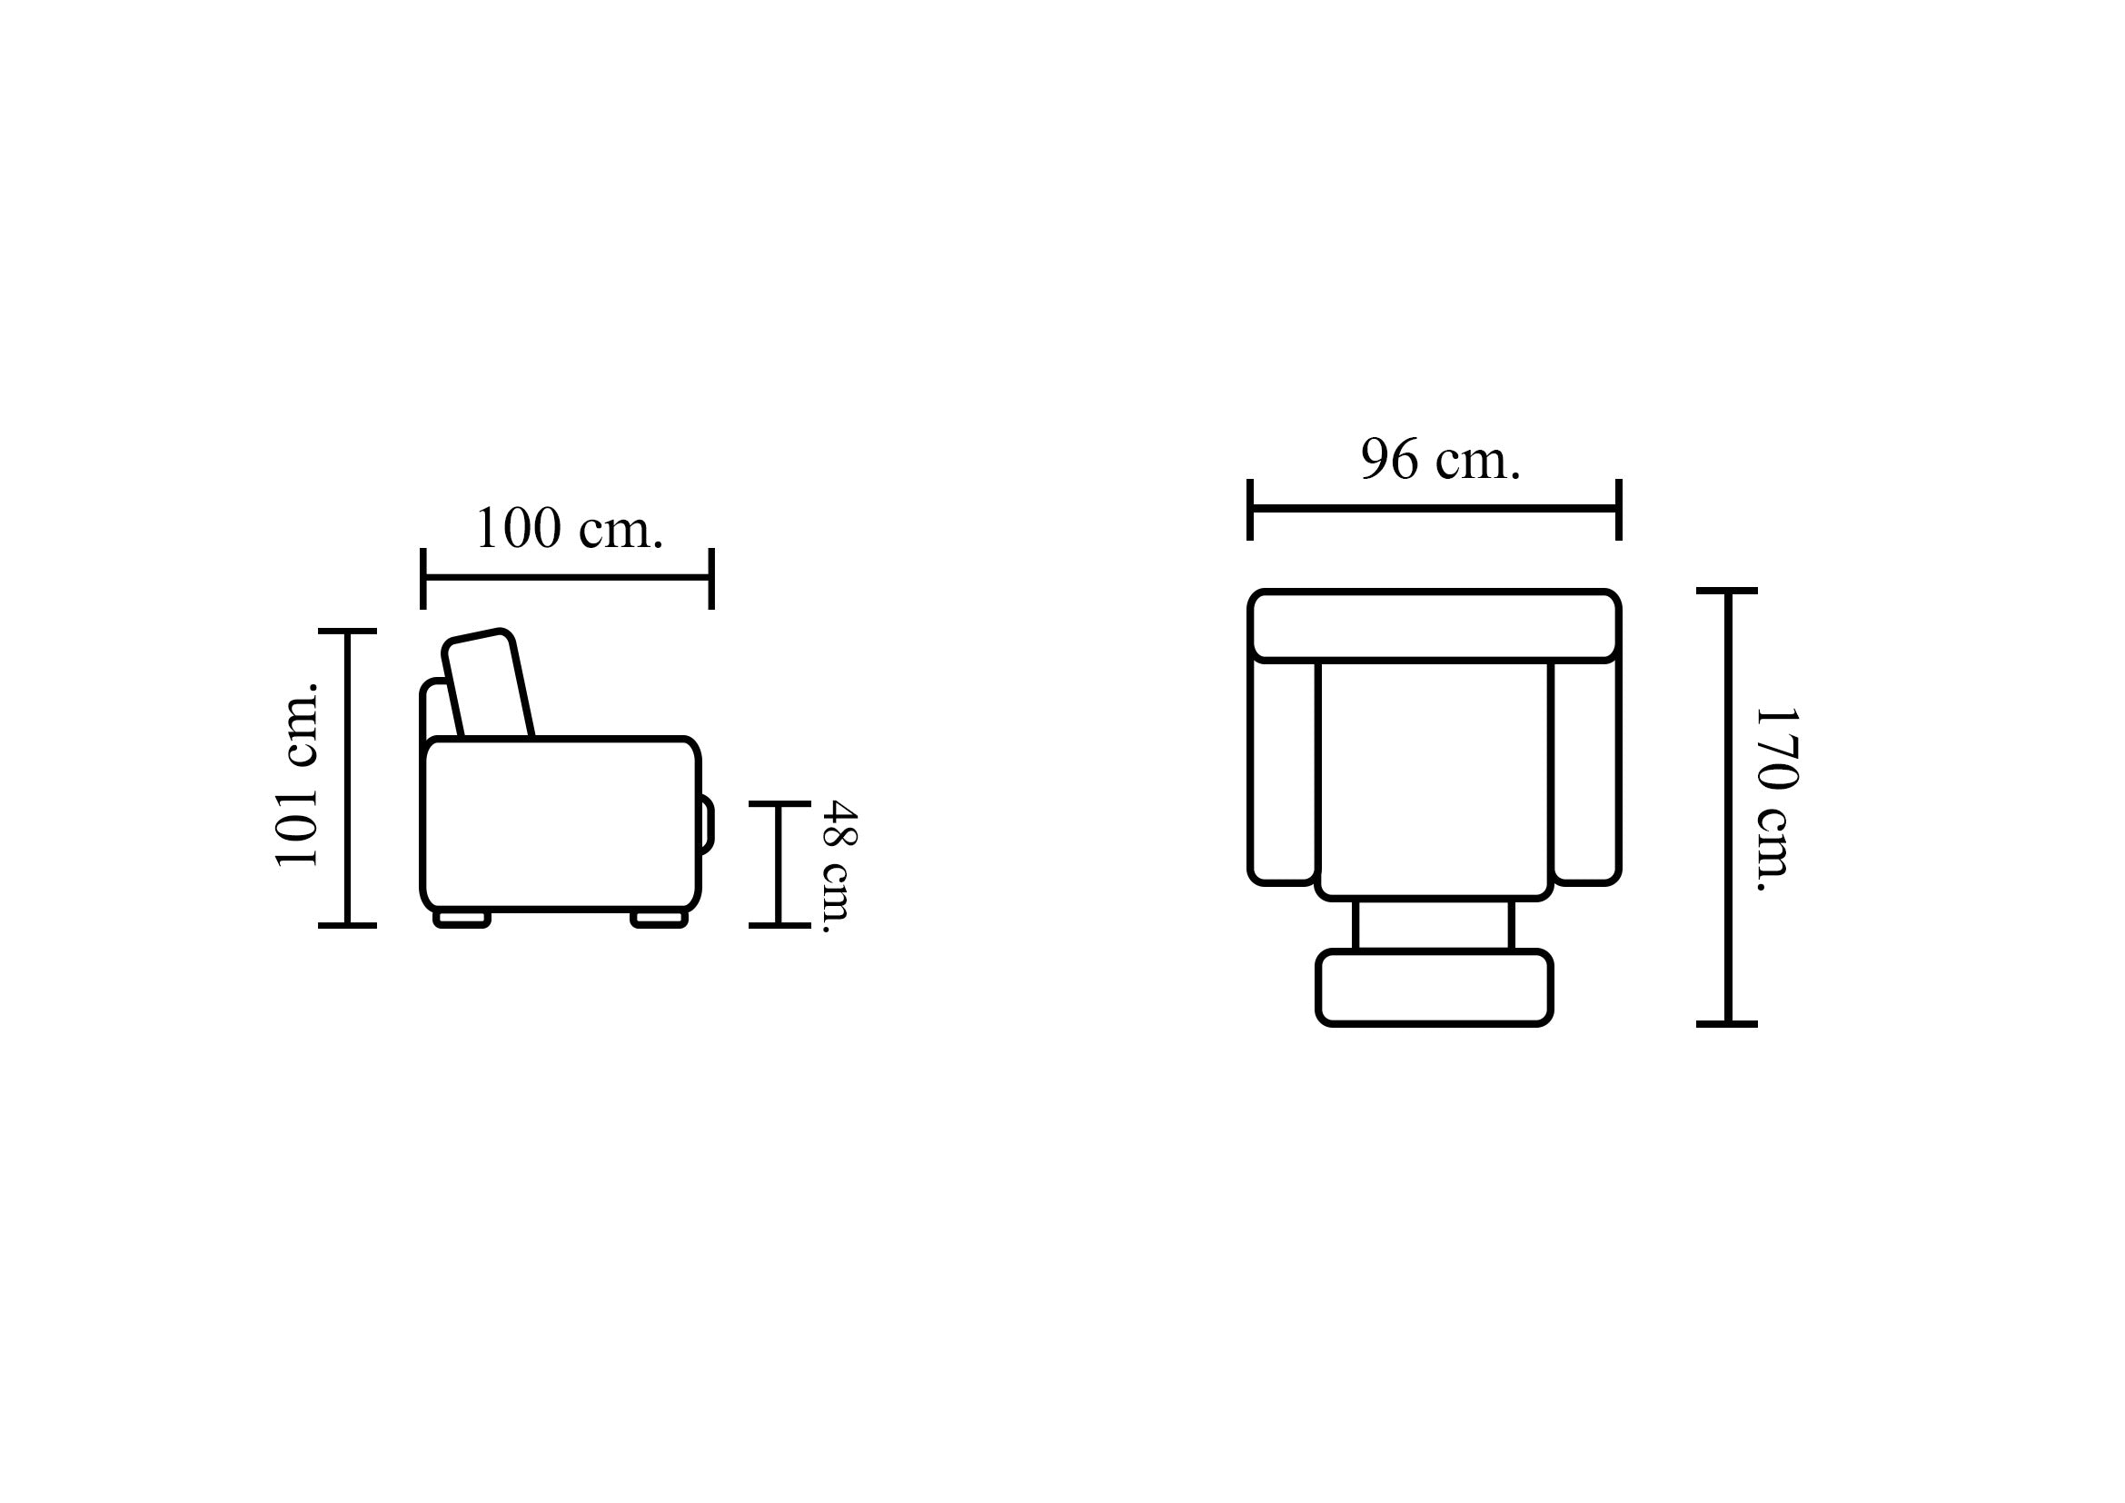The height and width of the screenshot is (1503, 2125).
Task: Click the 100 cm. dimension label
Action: click(570, 530)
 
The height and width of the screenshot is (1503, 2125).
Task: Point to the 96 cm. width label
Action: click(1440, 459)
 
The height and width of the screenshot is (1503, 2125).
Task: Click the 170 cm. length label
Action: click(1775, 800)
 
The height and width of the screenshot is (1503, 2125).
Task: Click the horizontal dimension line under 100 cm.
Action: click(567, 579)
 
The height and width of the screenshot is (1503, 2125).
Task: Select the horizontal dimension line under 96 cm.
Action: click(1434, 509)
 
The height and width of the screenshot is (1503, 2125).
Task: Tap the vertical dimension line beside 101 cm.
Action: click(347, 778)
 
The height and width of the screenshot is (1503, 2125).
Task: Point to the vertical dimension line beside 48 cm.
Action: click(779, 863)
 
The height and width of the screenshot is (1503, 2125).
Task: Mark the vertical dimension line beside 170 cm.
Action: click(1727, 807)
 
